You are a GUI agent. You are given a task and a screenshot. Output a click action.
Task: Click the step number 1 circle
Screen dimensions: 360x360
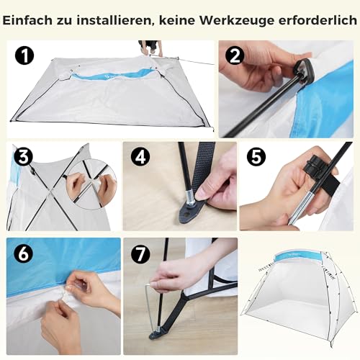tap(24, 55)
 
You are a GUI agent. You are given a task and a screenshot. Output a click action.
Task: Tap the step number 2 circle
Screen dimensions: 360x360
tap(235, 55)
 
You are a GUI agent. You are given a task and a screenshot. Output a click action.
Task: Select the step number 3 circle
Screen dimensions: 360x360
tap(23, 157)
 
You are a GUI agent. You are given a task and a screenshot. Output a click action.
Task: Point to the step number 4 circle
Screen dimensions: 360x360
tap(140, 157)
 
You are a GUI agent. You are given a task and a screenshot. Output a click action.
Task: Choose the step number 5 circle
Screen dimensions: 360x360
tap(256, 157)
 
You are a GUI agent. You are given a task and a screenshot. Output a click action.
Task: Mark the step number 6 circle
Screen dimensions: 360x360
tap(23, 253)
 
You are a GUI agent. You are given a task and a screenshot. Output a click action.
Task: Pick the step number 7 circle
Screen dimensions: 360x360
tap(140, 253)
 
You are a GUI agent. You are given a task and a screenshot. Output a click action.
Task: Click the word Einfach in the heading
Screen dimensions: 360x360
tap(27, 20)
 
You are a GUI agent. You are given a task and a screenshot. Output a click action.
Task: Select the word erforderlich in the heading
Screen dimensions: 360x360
tap(318, 20)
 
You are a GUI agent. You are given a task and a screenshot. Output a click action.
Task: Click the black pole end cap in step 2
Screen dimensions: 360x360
tap(304, 70)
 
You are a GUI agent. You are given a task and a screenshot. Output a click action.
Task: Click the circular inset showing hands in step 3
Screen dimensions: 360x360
tap(91, 185)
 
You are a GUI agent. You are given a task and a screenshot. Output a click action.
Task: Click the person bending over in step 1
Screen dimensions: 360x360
tap(150, 48)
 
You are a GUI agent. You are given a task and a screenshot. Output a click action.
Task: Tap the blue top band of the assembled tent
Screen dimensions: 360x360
tap(298, 257)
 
